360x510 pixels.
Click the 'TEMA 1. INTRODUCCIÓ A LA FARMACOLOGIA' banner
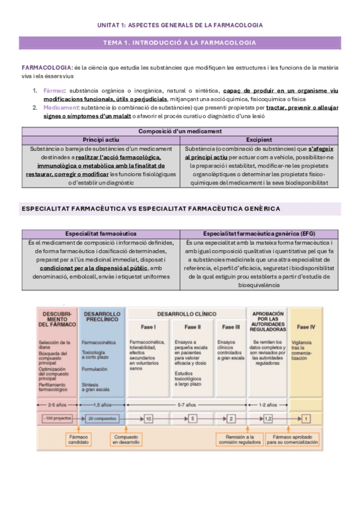[180, 43]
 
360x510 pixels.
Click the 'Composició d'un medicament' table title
[179, 131]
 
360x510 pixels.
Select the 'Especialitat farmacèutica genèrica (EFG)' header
[258, 233]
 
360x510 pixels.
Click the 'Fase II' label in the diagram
[192, 327]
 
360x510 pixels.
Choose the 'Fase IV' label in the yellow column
[307, 327]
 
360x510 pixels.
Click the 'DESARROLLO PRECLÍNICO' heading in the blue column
[102, 318]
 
